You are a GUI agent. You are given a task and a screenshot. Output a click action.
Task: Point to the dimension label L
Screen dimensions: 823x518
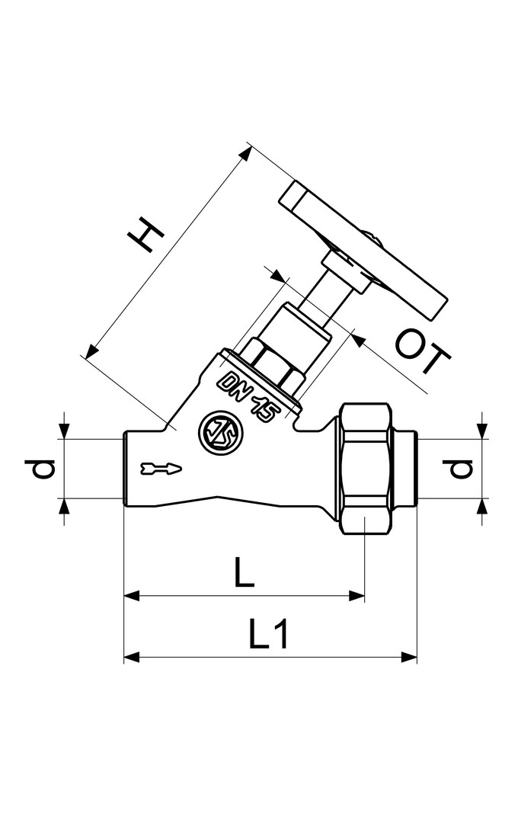point(243,572)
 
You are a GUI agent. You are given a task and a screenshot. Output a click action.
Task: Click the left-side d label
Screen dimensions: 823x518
point(46,469)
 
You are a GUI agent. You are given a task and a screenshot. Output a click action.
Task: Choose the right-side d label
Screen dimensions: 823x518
point(459,469)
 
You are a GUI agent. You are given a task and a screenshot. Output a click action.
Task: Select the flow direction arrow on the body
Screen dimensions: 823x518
point(161,467)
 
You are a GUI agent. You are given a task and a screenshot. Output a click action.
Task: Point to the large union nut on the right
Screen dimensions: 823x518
point(367,469)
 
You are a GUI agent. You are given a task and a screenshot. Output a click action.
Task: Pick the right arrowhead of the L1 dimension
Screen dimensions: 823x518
point(412,656)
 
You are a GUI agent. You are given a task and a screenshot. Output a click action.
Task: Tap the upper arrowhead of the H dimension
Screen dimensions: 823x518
point(245,153)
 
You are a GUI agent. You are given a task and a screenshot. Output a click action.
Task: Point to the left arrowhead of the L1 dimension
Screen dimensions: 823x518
point(131,656)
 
